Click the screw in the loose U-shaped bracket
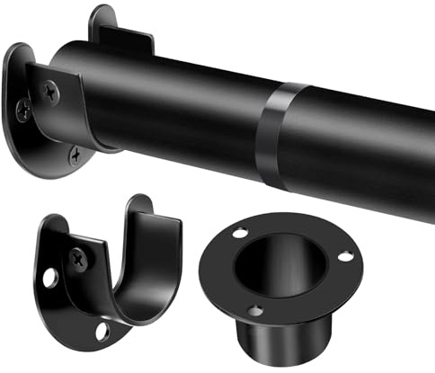79,259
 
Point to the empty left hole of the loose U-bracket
49,279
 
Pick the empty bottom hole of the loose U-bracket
102,332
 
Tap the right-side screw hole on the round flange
344,257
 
